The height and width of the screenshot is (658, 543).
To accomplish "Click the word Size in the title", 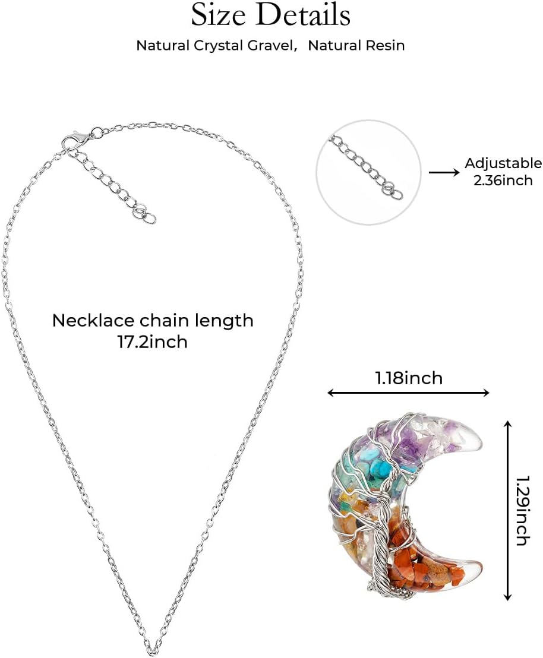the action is (218, 15).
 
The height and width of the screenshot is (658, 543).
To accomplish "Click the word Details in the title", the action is (304, 15).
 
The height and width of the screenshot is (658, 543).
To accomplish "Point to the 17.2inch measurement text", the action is (153, 341).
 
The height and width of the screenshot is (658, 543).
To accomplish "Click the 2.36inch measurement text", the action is (503, 181).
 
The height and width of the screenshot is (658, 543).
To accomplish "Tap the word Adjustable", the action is (503, 163).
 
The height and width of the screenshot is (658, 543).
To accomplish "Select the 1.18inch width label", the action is (409, 378).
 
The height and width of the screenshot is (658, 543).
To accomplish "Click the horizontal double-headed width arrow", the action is (408, 393).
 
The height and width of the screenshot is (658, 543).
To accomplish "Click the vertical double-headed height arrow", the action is (508, 510).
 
